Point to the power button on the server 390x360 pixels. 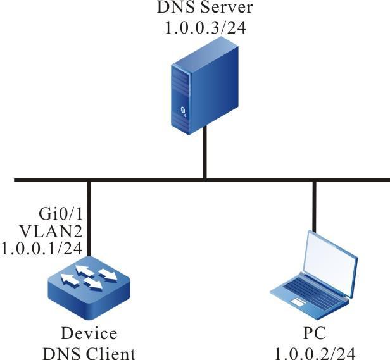tap(184, 111)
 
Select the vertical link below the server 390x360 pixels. tap(204, 155)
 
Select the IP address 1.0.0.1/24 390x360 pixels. tap(42, 247)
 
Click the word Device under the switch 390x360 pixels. tap(89, 333)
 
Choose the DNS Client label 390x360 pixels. tap(89, 352)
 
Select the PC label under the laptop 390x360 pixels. tap(314, 333)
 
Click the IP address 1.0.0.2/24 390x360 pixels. tap(314, 352)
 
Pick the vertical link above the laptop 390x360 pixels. tap(314, 206)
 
